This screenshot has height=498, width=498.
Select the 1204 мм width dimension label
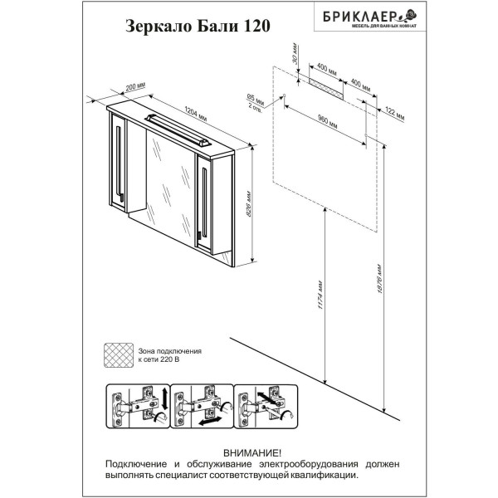196,112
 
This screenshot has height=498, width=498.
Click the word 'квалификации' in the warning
327,476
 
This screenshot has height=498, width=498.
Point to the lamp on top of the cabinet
175,124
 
